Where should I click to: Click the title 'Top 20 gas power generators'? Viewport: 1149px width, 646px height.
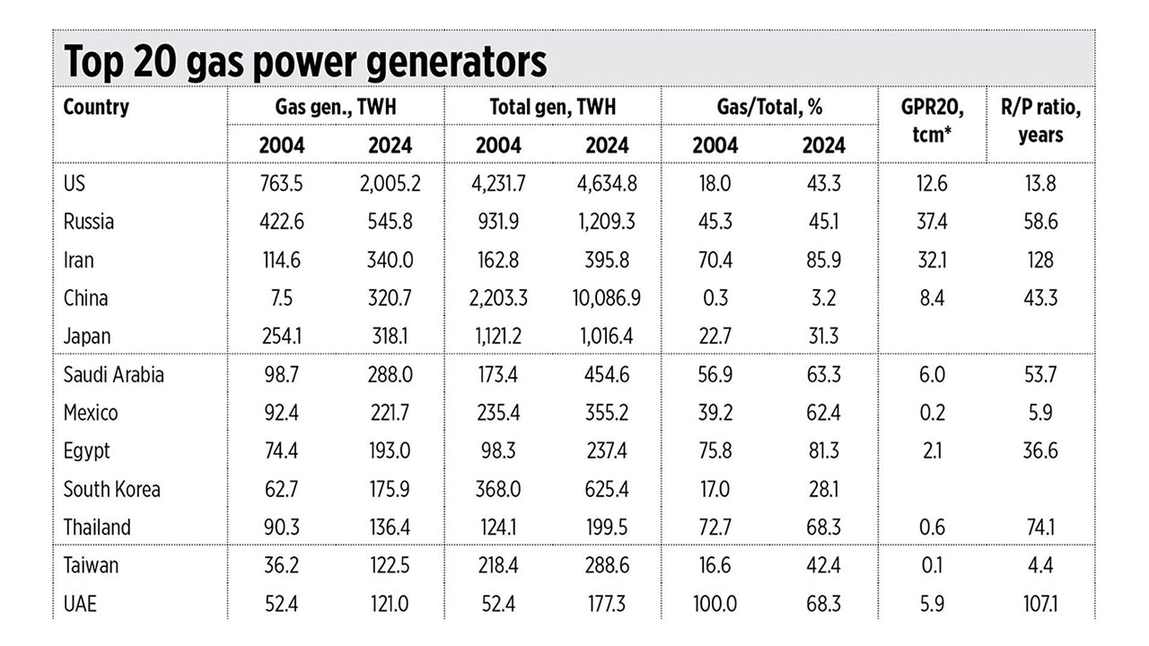click(305, 62)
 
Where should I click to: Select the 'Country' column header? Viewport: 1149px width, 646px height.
click(96, 108)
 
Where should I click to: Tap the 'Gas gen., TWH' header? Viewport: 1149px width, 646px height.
click(336, 108)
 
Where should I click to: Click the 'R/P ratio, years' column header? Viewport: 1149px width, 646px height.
click(1040, 121)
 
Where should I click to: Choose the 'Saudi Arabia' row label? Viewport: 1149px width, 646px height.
click(113, 375)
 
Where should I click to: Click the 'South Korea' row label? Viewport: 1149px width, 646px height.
click(111, 489)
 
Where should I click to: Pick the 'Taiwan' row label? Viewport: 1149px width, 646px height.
click(91, 566)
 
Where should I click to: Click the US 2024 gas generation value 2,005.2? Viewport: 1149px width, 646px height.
click(385, 184)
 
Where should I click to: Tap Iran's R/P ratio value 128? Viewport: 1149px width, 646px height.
click(1040, 260)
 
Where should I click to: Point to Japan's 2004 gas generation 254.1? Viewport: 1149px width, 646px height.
click(283, 336)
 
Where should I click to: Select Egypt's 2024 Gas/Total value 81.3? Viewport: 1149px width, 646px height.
click(824, 450)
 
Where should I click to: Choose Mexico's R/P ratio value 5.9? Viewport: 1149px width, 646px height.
click(1040, 413)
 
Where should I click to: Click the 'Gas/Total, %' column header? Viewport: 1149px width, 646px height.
click(769, 108)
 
